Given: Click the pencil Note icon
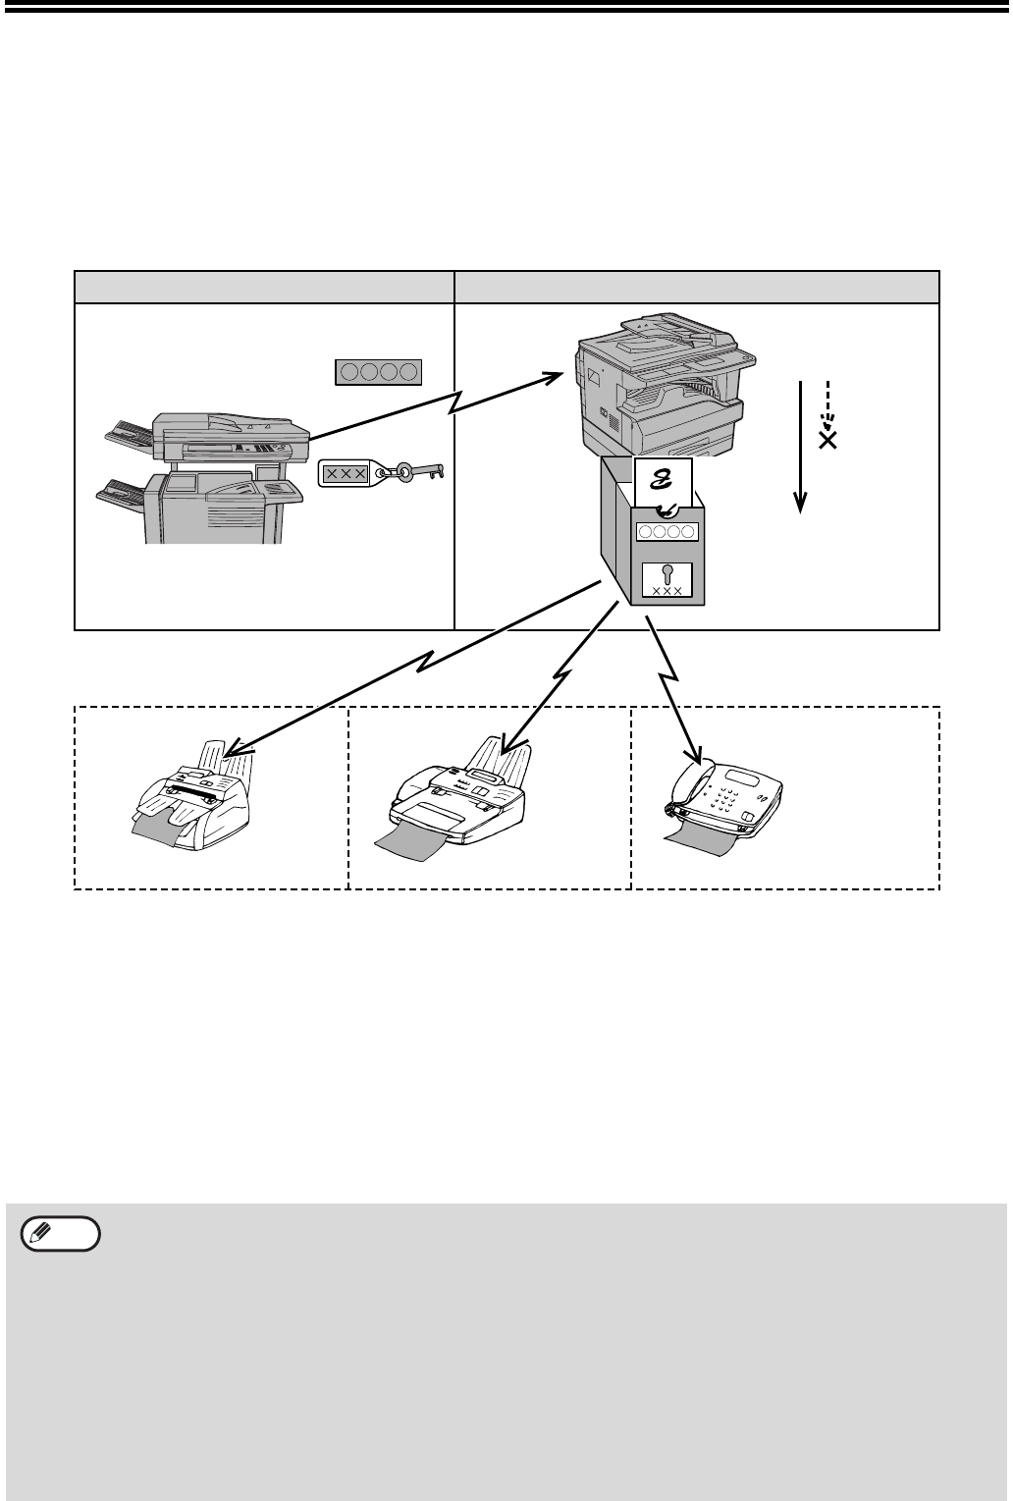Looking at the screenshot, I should click(61, 1234).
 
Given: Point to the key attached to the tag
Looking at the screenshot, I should click(422, 474).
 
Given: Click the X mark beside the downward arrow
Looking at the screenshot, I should click(827, 440).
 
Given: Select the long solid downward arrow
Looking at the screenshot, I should click(801, 442).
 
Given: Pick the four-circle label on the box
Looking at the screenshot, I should click(666, 533).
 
